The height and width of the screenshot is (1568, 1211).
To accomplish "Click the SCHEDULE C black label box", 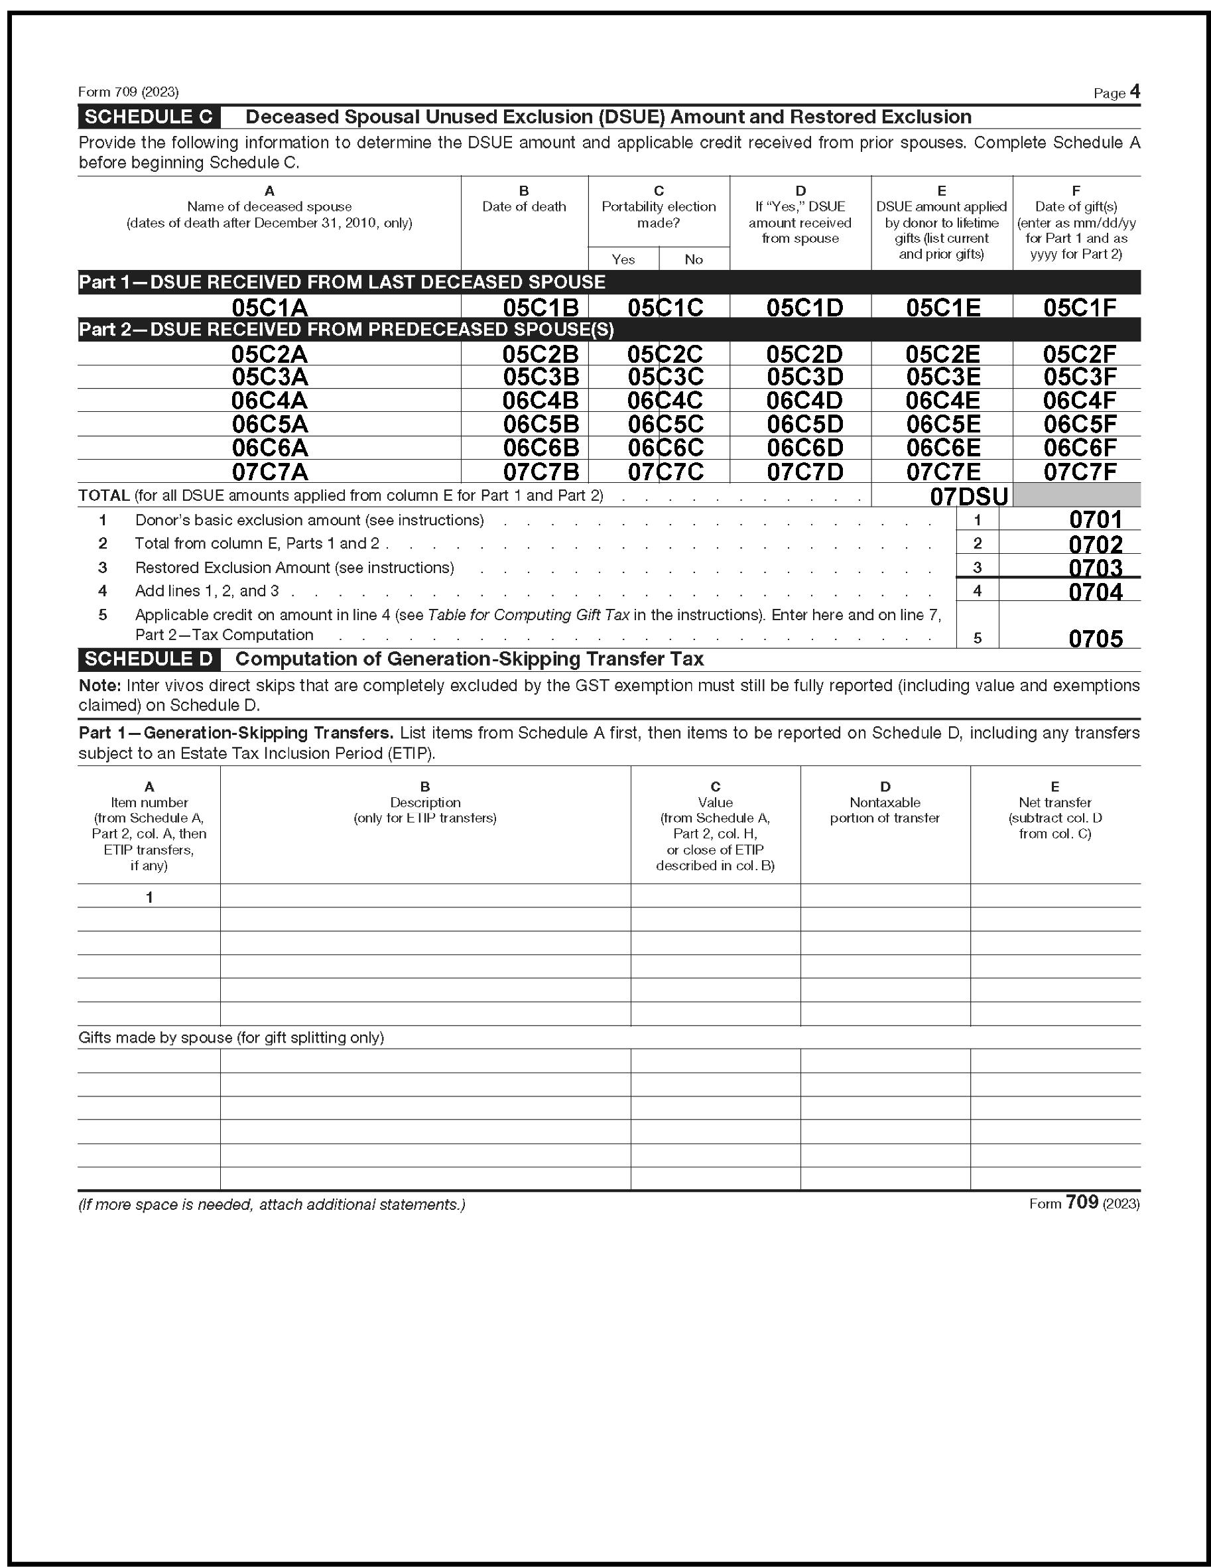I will pyautogui.click(x=149, y=117).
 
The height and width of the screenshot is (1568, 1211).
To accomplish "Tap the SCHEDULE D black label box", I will pyautogui.click(x=149, y=659).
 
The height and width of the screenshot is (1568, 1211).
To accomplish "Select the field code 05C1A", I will pyautogui.click(x=269, y=307).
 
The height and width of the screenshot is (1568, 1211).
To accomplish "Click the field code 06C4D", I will pyautogui.click(x=804, y=401).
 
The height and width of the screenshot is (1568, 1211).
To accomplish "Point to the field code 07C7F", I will pyautogui.click(x=1080, y=472).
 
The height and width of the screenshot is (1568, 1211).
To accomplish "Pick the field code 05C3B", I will pyautogui.click(x=541, y=377).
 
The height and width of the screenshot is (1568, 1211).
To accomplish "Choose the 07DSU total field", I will pyautogui.click(x=968, y=496).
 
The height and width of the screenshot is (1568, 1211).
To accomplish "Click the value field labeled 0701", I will pyautogui.click(x=1095, y=519).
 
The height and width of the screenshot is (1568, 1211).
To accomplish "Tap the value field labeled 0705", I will pyautogui.click(x=1095, y=638).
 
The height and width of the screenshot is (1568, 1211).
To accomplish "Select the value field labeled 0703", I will pyautogui.click(x=1095, y=567).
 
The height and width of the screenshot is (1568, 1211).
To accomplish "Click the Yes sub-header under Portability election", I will pyautogui.click(x=623, y=259).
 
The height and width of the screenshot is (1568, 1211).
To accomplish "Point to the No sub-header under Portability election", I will pyautogui.click(x=694, y=259).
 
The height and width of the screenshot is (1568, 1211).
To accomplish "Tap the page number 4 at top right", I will pyautogui.click(x=1134, y=92).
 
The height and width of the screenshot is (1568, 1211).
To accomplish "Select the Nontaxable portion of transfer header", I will pyautogui.click(x=885, y=810).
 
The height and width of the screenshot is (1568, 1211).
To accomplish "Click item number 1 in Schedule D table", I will pyautogui.click(x=149, y=897).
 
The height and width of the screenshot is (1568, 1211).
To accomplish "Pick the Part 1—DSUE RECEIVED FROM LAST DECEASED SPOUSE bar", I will pyautogui.click(x=342, y=282).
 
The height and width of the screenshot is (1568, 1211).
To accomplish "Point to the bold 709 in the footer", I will pyautogui.click(x=1082, y=1203).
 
